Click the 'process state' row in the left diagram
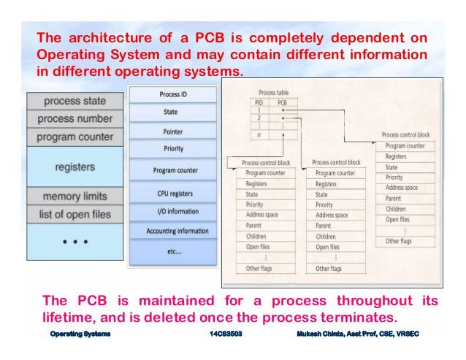(x=75, y=101)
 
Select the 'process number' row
(x=75, y=118)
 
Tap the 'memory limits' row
(x=75, y=196)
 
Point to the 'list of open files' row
(x=75, y=215)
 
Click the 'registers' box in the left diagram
(x=75, y=167)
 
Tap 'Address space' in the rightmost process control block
(x=401, y=188)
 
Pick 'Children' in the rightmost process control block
(x=397, y=209)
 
